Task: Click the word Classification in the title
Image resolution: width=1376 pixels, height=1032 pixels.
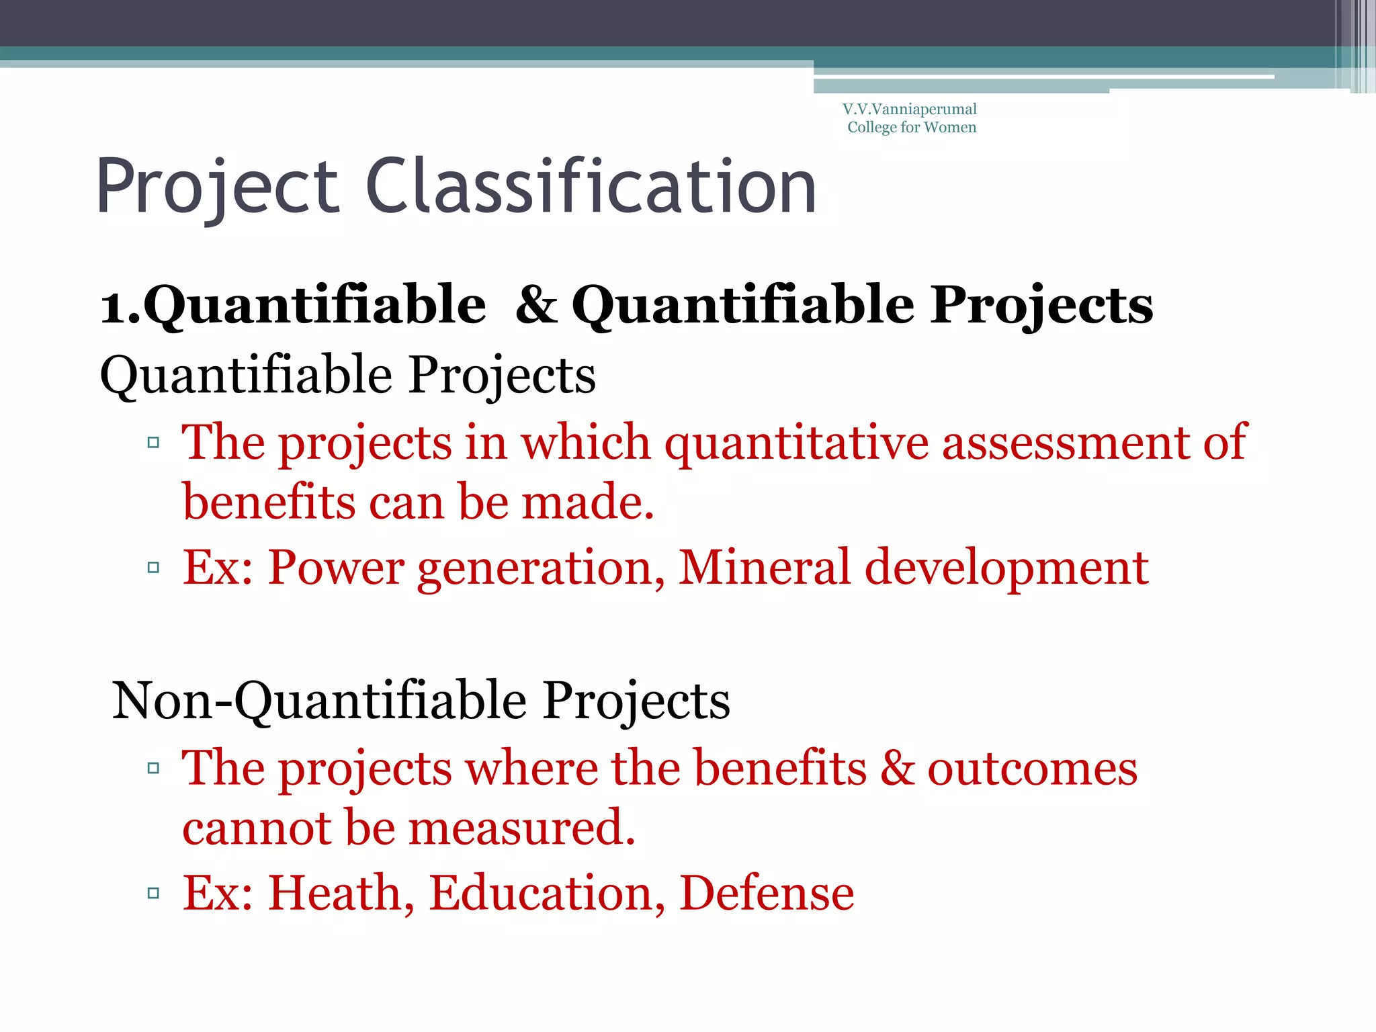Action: [591, 187]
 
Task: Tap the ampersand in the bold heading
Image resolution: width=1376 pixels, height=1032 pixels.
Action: [536, 304]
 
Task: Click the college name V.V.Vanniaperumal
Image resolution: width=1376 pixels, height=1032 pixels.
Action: [910, 109]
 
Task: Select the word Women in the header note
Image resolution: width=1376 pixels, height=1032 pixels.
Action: [950, 127]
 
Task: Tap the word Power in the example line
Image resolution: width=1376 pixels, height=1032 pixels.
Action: [336, 567]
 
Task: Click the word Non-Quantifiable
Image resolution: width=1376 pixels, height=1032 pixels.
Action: [320, 700]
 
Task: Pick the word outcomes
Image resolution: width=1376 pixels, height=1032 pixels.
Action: [1032, 767]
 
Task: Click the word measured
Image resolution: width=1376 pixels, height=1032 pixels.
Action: [521, 827]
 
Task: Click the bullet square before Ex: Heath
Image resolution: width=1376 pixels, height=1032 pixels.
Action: [153, 893]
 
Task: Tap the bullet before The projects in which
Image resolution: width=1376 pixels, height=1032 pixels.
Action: [153, 442]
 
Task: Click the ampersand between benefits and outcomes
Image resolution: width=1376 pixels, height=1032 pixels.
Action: [898, 767]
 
